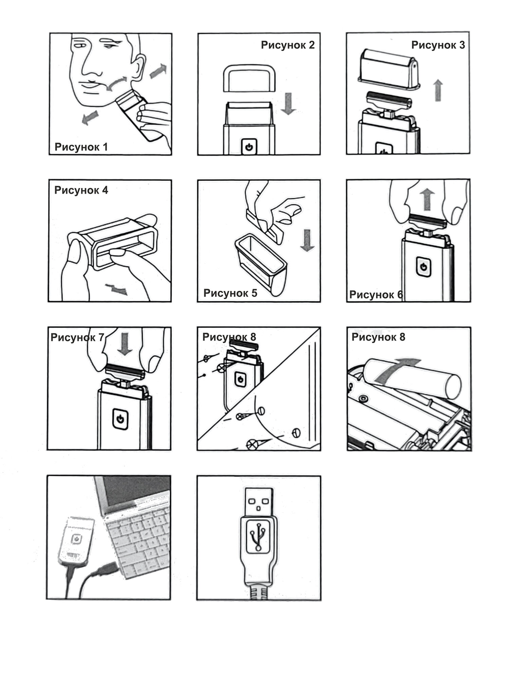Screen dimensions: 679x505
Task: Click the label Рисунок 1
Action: point(81,147)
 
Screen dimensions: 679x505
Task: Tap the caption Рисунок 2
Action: point(287,45)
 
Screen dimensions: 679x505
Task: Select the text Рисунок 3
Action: point(438,45)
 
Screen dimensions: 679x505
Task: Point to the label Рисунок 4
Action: point(81,190)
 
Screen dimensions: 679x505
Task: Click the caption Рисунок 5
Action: point(230,293)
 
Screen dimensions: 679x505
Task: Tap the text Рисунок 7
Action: point(77,337)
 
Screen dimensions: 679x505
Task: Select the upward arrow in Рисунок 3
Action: point(438,90)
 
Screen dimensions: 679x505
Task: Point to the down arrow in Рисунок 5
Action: point(307,240)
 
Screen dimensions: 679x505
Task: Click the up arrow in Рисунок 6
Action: point(427,200)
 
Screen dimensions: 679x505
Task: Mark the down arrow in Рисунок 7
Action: point(125,344)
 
